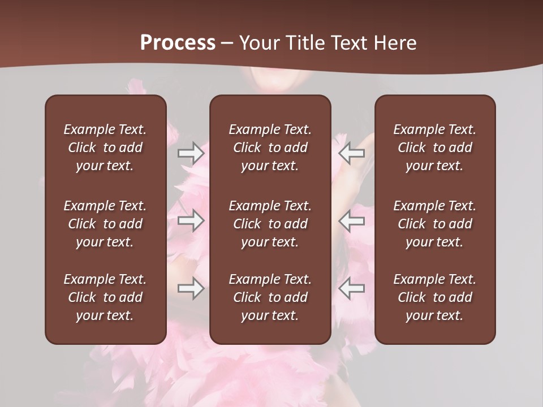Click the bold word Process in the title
178,43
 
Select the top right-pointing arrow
191,153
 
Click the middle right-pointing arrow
191,220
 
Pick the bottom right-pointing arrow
191,289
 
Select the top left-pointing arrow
352,153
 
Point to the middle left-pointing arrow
352,220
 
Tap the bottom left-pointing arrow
352,289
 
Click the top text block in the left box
105,148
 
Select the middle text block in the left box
105,224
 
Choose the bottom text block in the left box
105,297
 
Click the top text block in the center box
270,148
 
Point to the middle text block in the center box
270,224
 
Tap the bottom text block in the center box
270,297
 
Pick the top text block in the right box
434,148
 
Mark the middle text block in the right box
434,224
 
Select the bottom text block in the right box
434,297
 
